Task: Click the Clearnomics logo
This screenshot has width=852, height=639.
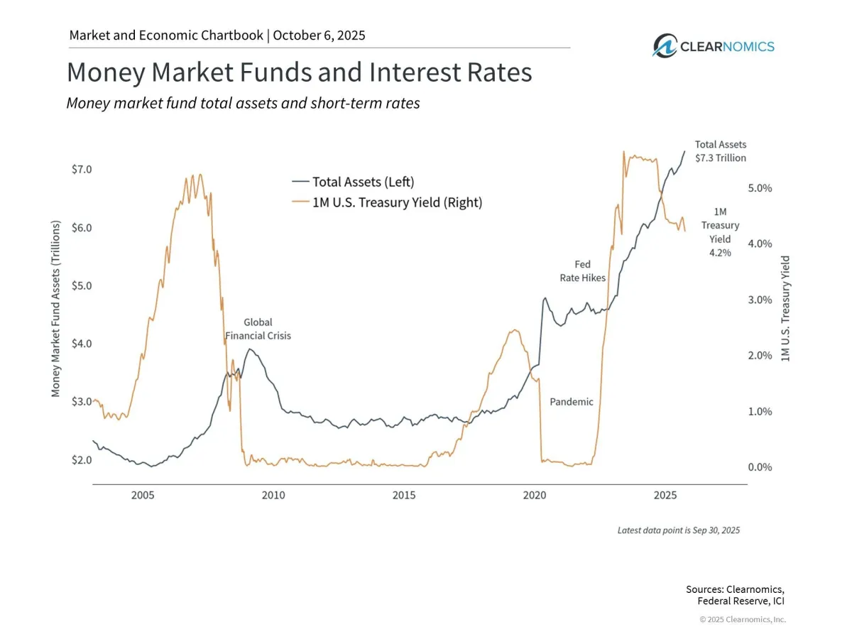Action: click(714, 46)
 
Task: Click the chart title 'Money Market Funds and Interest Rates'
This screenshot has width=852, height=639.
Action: click(299, 73)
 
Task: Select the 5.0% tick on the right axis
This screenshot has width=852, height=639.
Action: click(759, 188)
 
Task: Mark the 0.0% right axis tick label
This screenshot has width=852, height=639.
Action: click(759, 467)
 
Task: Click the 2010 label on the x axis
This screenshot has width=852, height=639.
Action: click(273, 495)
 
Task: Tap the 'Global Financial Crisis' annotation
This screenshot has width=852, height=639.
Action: click(258, 329)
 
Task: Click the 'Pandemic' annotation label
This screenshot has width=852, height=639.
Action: click(572, 402)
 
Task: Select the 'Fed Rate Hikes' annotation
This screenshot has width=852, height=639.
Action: click(583, 271)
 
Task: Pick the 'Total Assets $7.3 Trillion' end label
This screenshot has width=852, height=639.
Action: click(720, 151)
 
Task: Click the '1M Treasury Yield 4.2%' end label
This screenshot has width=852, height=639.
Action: click(720, 231)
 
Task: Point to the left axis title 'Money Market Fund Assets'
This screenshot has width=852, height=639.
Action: click(56, 308)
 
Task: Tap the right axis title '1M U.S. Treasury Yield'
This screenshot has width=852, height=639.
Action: click(785, 308)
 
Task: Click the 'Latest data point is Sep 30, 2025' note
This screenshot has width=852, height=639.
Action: click(678, 530)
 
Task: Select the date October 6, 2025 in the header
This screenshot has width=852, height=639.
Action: click(319, 35)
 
